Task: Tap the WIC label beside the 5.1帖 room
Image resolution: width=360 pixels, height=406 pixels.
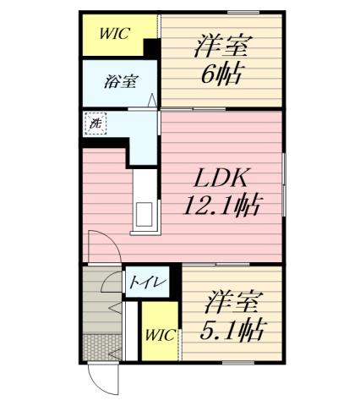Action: point(160,335)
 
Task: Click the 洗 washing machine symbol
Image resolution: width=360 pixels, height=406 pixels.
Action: point(94,123)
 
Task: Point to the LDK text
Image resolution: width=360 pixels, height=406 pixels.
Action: point(221,179)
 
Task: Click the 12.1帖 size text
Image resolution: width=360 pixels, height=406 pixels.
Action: point(221,206)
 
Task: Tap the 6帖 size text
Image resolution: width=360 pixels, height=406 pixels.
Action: point(222,74)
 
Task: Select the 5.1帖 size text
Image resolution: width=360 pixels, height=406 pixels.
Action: point(229,328)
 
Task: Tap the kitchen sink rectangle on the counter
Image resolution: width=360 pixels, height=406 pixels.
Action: point(141,215)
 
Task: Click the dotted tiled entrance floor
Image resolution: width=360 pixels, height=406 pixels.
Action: point(102,346)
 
